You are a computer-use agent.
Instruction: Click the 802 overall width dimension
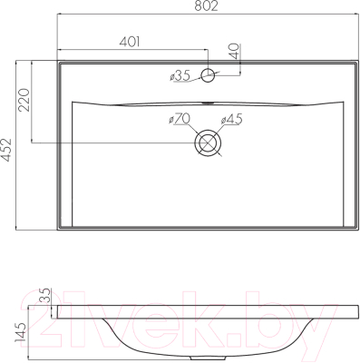tap(206, 6)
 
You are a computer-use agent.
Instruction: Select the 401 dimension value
tap(130, 42)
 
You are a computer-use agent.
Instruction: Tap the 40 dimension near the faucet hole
tap(235, 51)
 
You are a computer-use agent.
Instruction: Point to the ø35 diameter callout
tap(180, 75)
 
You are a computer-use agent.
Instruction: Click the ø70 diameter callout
tap(180, 119)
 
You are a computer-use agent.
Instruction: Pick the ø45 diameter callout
tap(232, 120)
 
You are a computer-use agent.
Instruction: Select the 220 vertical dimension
tap(24, 100)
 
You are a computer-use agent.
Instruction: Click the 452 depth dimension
tap(6, 150)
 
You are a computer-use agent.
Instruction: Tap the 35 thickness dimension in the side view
tap(44, 296)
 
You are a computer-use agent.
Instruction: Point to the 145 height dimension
tap(21, 332)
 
